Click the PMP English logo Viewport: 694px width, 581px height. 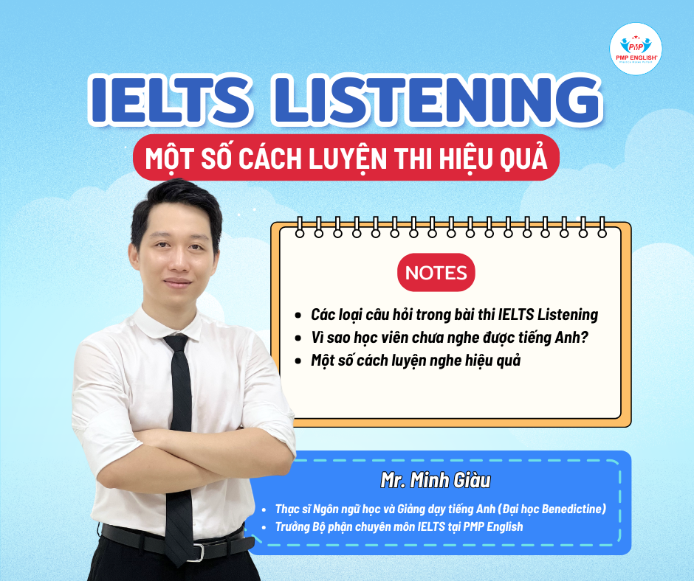(636, 48)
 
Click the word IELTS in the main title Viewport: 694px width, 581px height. (170, 100)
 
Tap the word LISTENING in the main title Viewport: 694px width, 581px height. (437, 100)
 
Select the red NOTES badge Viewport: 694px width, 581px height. (436, 272)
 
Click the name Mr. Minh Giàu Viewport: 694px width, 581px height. (436, 480)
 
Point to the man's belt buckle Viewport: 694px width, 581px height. (199, 551)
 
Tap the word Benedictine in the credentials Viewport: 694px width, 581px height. (573, 509)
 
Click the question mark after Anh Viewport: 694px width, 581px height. (584, 338)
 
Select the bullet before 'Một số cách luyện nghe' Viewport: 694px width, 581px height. (298, 361)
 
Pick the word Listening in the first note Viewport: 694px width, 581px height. (568, 315)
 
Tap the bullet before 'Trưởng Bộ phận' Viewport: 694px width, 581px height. (264, 527)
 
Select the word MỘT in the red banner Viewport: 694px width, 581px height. (170, 159)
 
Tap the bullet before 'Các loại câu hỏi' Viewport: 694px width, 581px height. (298, 316)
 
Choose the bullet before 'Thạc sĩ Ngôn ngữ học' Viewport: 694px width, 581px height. (264, 509)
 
